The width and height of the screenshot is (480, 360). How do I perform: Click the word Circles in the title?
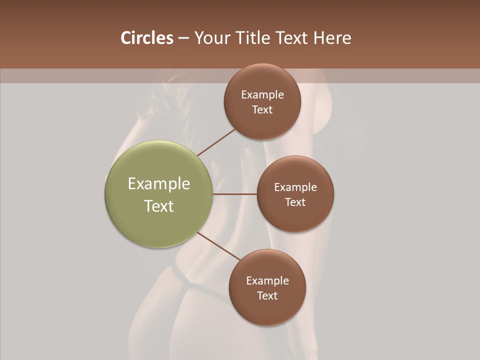(x=146, y=37)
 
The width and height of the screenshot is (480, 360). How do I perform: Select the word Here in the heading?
(x=332, y=37)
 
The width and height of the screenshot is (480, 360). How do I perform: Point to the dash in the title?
(x=183, y=38)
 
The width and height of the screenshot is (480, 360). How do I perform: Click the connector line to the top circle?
(x=216, y=142)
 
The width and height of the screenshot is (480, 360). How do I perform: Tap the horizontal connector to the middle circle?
(x=234, y=194)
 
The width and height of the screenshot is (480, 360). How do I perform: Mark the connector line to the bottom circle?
(x=218, y=246)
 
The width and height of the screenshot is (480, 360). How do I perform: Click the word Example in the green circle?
(x=159, y=184)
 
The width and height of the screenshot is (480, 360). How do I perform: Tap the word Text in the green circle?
(x=159, y=206)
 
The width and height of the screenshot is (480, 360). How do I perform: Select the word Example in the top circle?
(x=262, y=95)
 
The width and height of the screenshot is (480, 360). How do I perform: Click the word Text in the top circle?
(x=262, y=110)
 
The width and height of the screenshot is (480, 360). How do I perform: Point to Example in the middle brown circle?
(x=295, y=187)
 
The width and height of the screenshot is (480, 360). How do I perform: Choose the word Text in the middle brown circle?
(x=295, y=202)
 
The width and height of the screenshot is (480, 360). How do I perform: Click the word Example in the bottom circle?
(x=267, y=281)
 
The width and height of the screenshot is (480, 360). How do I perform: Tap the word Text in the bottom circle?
(x=267, y=296)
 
